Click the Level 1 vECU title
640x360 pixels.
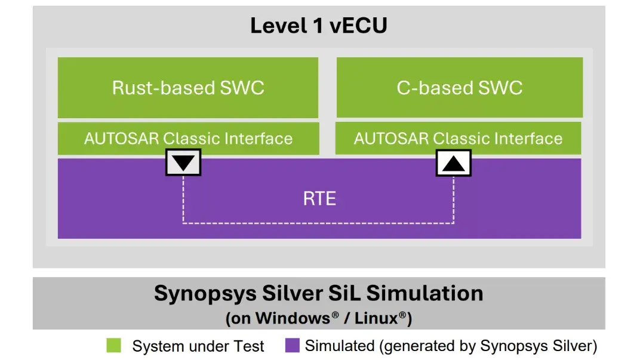click(x=318, y=26)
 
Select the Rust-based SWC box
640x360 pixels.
click(x=187, y=88)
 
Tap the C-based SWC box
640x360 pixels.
click(x=459, y=88)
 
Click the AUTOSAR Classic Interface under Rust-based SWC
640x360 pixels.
click(x=188, y=139)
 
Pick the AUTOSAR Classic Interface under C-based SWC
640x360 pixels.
click(x=458, y=139)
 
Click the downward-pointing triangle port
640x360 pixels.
click(x=183, y=162)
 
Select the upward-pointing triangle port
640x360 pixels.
click(x=454, y=162)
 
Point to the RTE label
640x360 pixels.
click(x=319, y=198)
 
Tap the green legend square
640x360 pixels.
click(x=113, y=346)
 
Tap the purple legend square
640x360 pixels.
click(x=292, y=346)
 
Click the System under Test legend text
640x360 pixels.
click(x=198, y=346)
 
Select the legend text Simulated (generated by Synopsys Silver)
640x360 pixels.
click(x=451, y=346)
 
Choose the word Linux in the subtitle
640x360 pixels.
click(x=376, y=318)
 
